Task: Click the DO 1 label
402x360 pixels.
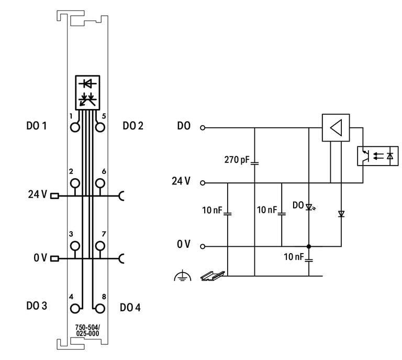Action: (37, 126)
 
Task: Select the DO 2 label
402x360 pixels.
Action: (133, 126)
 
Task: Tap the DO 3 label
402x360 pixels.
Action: (37, 306)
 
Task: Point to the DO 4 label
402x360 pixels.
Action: (130, 307)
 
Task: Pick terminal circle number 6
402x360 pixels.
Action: (100, 183)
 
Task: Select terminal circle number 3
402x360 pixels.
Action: (75, 245)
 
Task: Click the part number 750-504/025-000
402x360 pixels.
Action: (87, 330)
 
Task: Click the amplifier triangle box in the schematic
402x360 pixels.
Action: (335, 127)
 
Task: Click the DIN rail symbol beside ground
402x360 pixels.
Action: (212, 275)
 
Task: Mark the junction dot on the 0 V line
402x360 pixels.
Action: (309, 246)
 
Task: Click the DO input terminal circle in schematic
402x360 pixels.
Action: (203, 127)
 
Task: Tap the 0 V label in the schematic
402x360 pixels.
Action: (183, 245)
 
